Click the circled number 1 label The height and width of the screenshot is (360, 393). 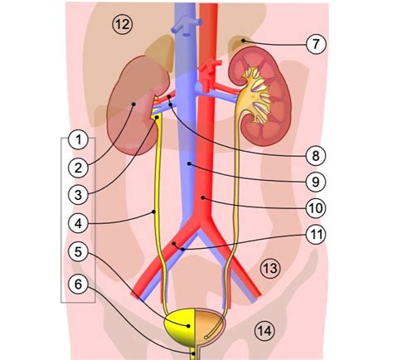(x=79, y=140)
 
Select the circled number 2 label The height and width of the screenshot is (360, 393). (x=79, y=168)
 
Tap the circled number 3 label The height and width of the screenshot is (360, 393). (x=79, y=195)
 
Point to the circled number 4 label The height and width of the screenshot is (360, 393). (x=79, y=223)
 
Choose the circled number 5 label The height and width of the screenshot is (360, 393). (x=79, y=252)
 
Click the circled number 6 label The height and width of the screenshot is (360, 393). (x=79, y=284)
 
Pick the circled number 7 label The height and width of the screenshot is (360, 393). (x=316, y=44)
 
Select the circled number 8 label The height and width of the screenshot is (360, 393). (x=316, y=156)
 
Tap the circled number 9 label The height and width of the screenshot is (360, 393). (x=316, y=182)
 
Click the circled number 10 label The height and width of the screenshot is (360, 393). (x=316, y=208)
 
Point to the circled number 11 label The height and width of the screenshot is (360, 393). (x=316, y=234)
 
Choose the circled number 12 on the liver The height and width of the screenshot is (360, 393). (x=123, y=24)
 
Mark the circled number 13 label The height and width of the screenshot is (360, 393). (x=270, y=268)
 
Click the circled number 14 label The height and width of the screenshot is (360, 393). (x=264, y=331)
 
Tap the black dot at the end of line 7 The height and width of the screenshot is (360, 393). (x=243, y=41)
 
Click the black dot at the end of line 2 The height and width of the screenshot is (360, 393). (x=133, y=104)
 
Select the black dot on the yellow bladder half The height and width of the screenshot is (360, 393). (x=188, y=326)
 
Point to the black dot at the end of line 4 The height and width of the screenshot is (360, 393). (x=154, y=212)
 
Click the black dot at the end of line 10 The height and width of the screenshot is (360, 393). (x=203, y=197)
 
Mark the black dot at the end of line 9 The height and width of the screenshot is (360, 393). (x=189, y=164)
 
